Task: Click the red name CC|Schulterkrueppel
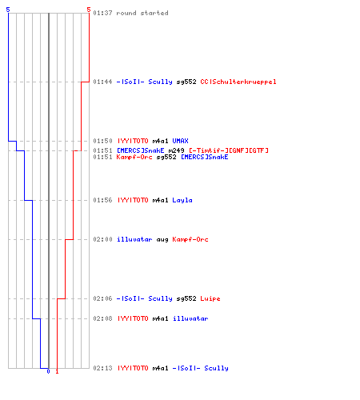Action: pyautogui.click(x=238, y=82)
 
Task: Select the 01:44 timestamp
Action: pyautogui.click(x=102, y=82)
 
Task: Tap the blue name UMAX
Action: pyautogui.click(x=180, y=141)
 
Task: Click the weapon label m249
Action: pyautogui.click(x=176, y=150)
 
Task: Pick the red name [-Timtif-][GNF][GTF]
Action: pyautogui.click(x=229, y=150)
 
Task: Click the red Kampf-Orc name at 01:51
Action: pyautogui.click(x=134, y=157)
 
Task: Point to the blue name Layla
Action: pyautogui.click(x=182, y=200)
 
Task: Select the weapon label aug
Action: pyautogui.click(x=162, y=240)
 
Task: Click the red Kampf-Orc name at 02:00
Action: pyautogui.click(x=190, y=239)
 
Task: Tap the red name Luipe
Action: pyautogui.click(x=210, y=298)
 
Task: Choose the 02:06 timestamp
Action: pyautogui.click(x=102, y=298)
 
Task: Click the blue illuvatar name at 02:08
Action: pyautogui.click(x=190, y=318)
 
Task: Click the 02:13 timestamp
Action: pyautogui.click(x=102, y=368)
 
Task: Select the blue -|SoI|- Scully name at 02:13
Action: pyautogui.click(x=200, y=368)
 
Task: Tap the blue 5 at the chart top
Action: pyautogui.click(x=8, y=10)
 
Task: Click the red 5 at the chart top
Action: pyautogui.click(x=89, y=10)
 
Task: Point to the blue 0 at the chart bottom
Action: pyautogui.click(x=48, y=371)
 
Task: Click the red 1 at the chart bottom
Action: pyautogui.click(x=57, y=371)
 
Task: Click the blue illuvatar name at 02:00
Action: pyautogui.click(x=134, y=239)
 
